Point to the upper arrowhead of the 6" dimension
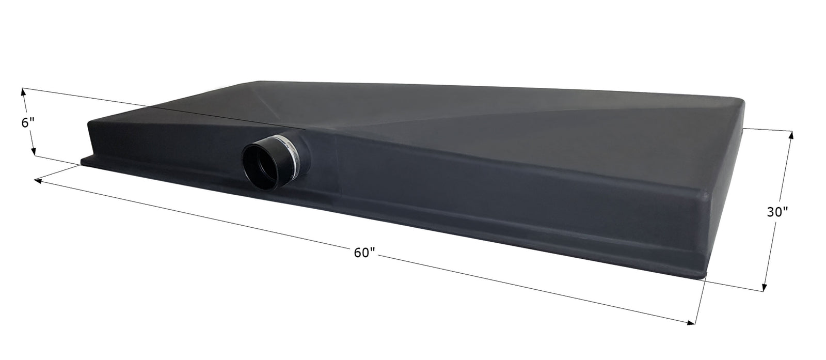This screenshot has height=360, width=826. coord(23,92)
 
